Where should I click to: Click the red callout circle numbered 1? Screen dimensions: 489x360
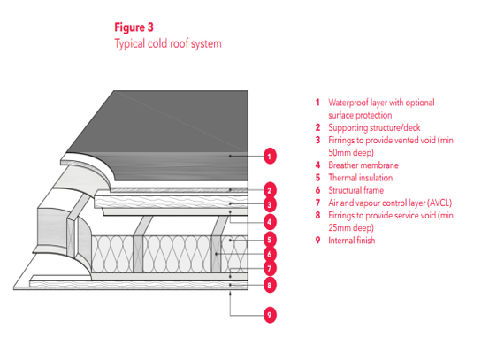tap(270, 156)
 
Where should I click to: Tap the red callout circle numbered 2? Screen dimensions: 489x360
tap(270, 190)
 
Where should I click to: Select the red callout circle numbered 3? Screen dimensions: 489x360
tap(270, 205)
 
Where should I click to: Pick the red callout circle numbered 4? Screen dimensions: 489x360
tap(270, 222)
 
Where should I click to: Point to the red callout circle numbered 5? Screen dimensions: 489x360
tap(270, 240)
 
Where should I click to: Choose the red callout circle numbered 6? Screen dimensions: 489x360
tap(270, 254)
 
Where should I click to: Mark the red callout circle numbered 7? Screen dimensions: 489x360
tap(270, 268)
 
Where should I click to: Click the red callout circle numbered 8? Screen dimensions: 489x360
tap(270, 285)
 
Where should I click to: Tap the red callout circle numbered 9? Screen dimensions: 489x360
tap(270, 315)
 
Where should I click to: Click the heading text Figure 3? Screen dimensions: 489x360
tap(134, 27)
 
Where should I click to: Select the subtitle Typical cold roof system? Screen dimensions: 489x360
tap(168, 43)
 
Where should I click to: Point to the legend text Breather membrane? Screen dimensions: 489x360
tap(363, 165)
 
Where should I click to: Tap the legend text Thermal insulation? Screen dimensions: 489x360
tap(360, 178)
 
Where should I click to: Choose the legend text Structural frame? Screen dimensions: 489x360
tap(355, 190)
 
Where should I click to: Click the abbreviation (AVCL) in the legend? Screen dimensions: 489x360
tap(439, 203)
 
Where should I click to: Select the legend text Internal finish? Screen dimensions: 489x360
tap(351, 241)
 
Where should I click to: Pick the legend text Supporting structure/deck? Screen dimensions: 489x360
tap(374, 127)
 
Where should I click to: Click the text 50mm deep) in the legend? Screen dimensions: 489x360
tap(351, 152)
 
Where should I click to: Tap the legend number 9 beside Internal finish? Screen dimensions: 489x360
tap(317, 241)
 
